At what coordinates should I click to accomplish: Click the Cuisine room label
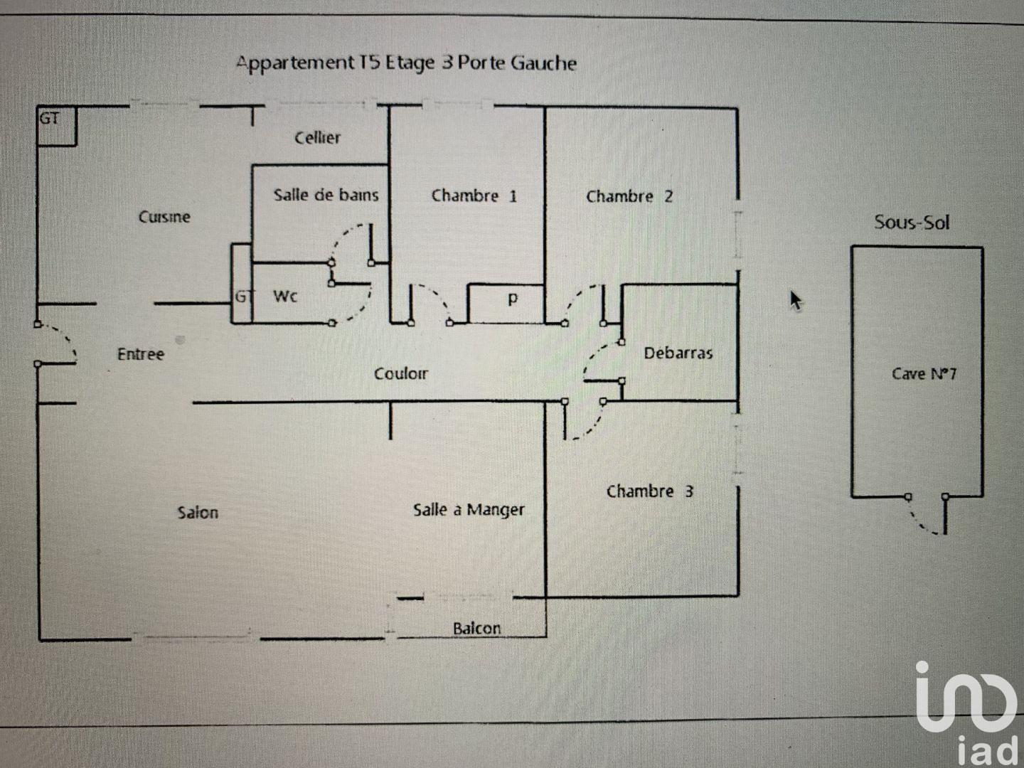164,217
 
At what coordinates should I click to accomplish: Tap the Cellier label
318,137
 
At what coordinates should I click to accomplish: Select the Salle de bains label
326,195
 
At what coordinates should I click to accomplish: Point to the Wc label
285,296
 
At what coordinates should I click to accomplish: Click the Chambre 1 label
474,196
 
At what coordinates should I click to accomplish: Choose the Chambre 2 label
629,196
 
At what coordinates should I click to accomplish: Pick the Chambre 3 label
649,491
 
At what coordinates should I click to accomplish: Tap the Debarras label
678,353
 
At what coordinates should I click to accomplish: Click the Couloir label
401,373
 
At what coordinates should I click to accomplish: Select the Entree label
141,353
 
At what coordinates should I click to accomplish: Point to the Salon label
198,512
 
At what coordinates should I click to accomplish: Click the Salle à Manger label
469,509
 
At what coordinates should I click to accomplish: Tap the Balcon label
476,628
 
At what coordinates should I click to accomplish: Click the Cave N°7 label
924,373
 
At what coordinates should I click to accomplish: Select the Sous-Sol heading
912,222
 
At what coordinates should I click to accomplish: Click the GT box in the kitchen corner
55,126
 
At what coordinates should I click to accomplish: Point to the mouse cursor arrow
796,300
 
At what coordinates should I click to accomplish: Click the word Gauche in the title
543,63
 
